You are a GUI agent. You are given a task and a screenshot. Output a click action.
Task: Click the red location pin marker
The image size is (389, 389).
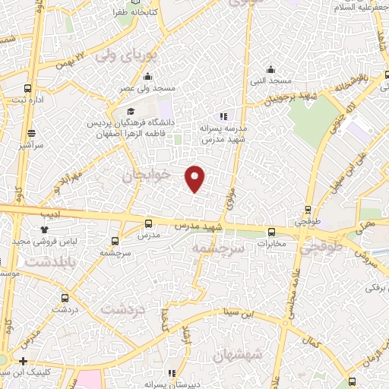click(195, 179)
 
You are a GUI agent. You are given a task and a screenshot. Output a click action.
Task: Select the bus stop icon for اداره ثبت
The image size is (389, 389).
click(28, 88)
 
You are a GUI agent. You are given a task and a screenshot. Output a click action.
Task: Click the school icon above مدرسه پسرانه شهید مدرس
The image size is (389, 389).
click(223, 116)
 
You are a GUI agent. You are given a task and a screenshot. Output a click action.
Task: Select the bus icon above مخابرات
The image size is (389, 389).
click(271, 232)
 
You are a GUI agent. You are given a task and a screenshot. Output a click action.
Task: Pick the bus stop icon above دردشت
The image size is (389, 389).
click(65, 298)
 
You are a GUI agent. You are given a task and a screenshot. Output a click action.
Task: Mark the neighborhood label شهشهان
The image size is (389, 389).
click(239, 355)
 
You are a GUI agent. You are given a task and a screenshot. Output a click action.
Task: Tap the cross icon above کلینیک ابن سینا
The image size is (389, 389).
click(24, 361)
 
